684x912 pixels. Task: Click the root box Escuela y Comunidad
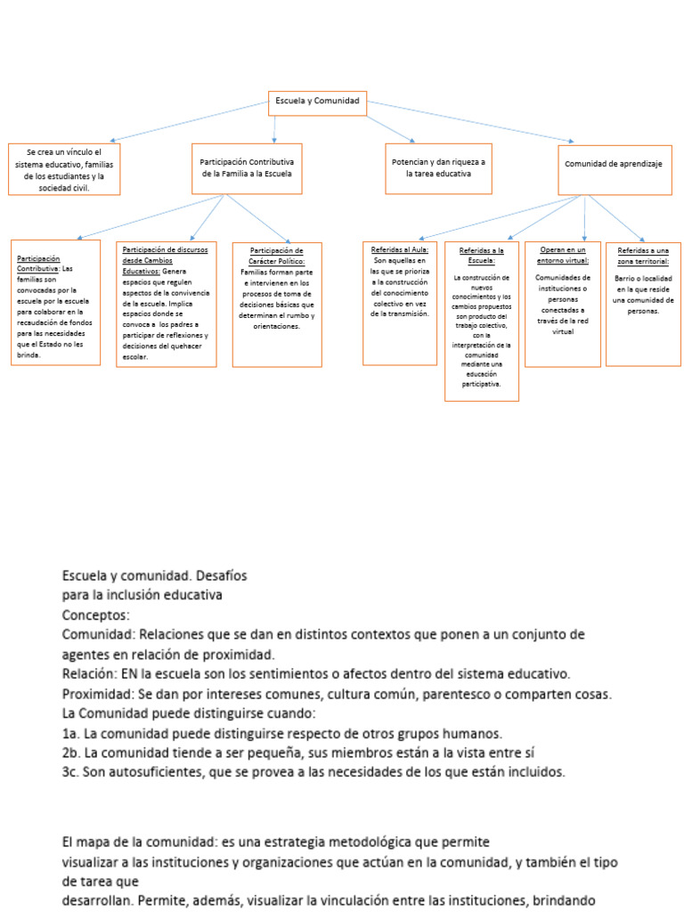317,102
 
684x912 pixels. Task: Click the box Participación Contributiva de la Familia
247,168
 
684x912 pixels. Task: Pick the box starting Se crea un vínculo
63,169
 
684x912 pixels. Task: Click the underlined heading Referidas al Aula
399,250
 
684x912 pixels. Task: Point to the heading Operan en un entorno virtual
563,256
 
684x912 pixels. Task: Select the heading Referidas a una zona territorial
643,256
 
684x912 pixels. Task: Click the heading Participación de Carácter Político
277,256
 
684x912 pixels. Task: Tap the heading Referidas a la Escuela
482,256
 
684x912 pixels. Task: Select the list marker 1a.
70,734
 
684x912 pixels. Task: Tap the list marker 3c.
71,772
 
